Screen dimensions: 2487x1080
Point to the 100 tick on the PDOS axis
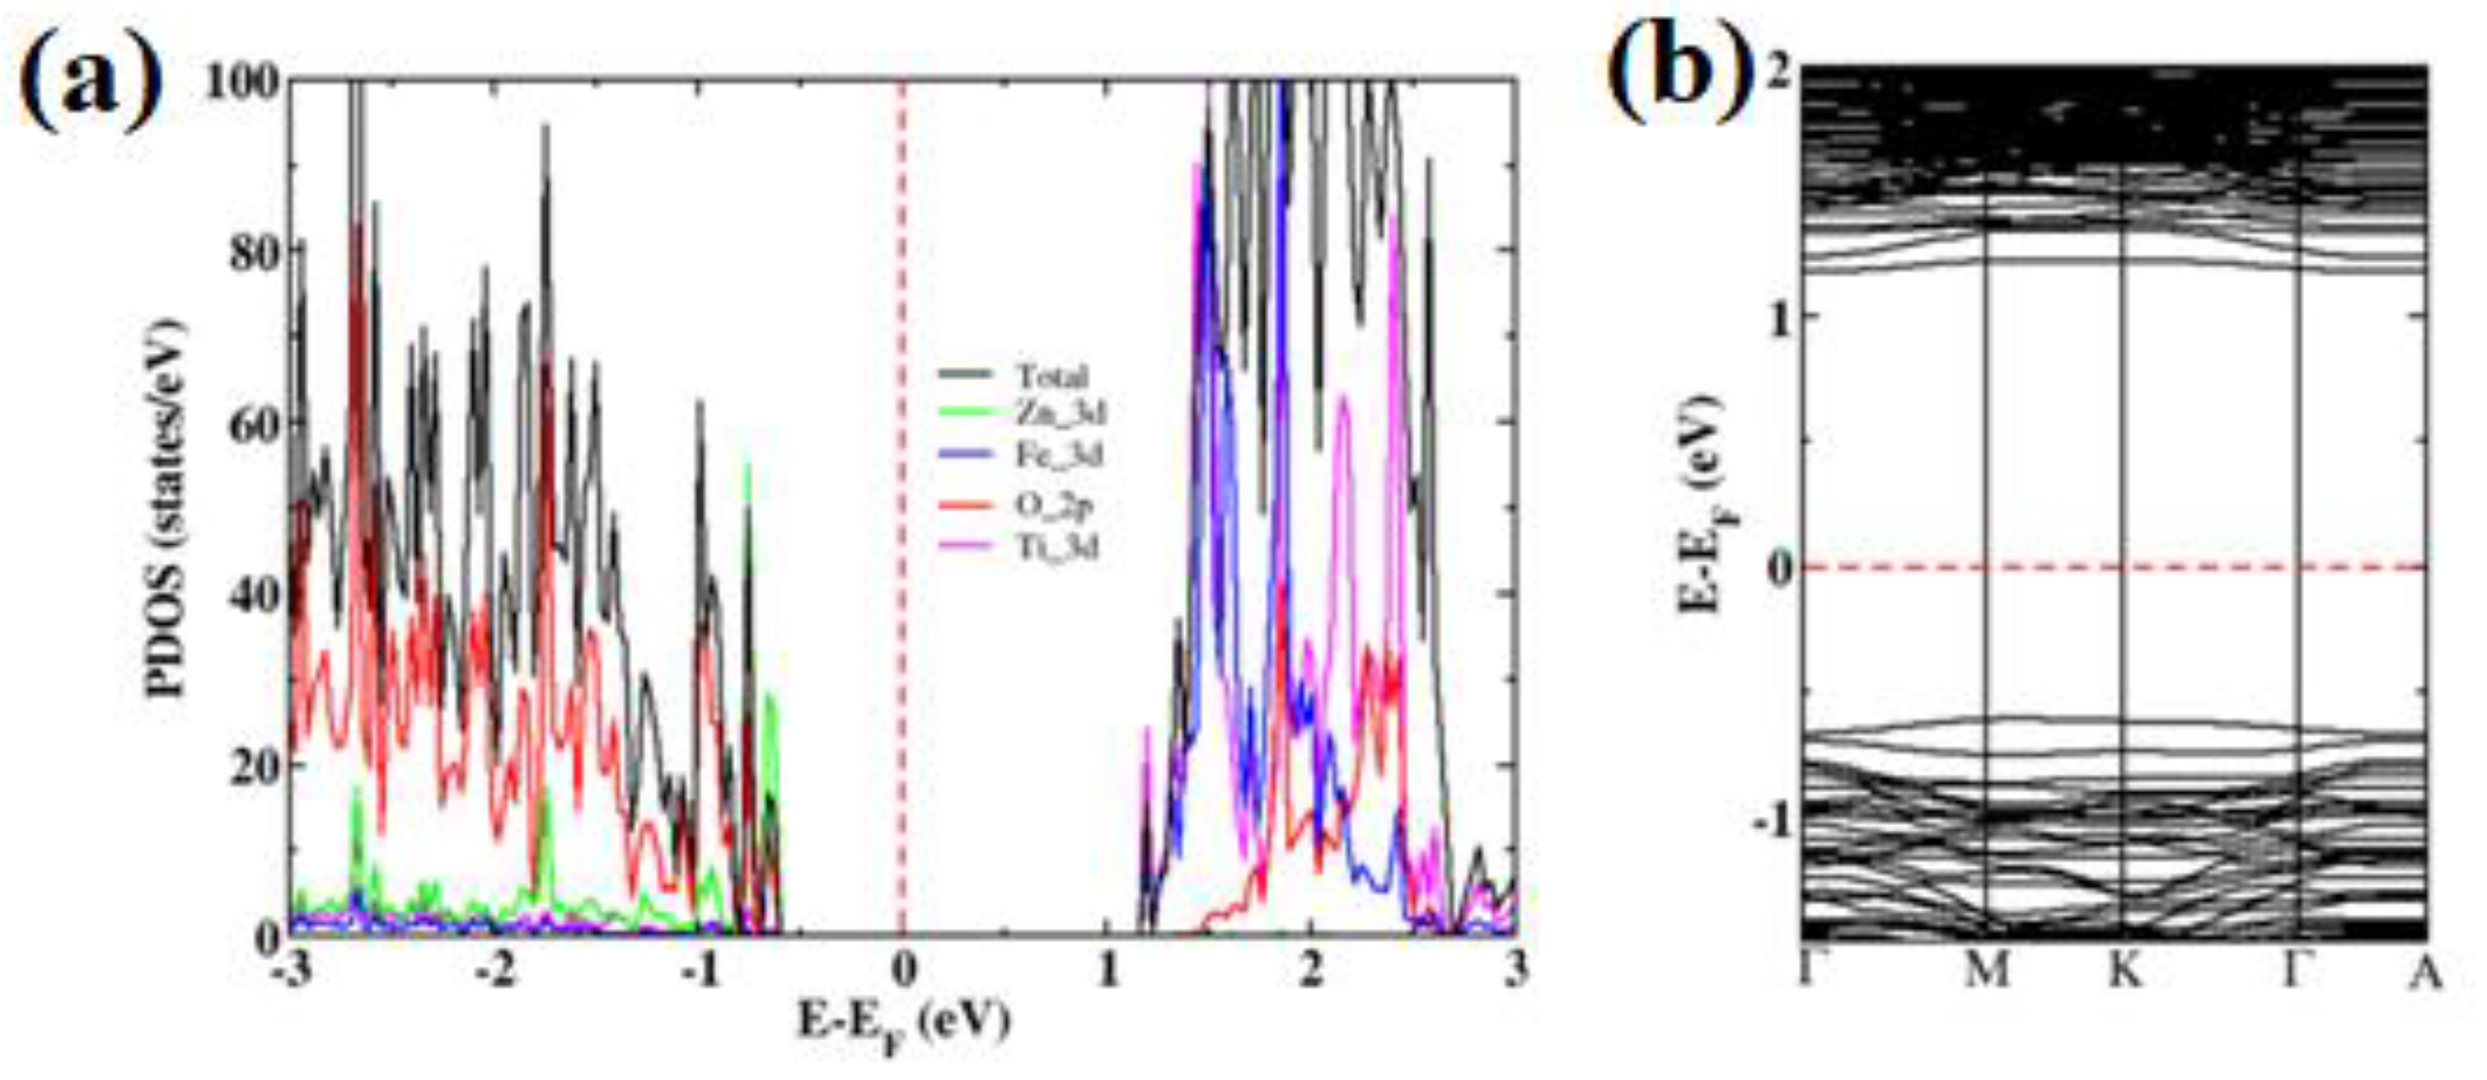pyautogui.click(x=241, y=81)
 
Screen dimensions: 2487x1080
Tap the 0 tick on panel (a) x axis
pyautogui.click(x=903, y=970)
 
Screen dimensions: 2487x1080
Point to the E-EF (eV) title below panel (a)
pyautogui.click(x=903, y=1023)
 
